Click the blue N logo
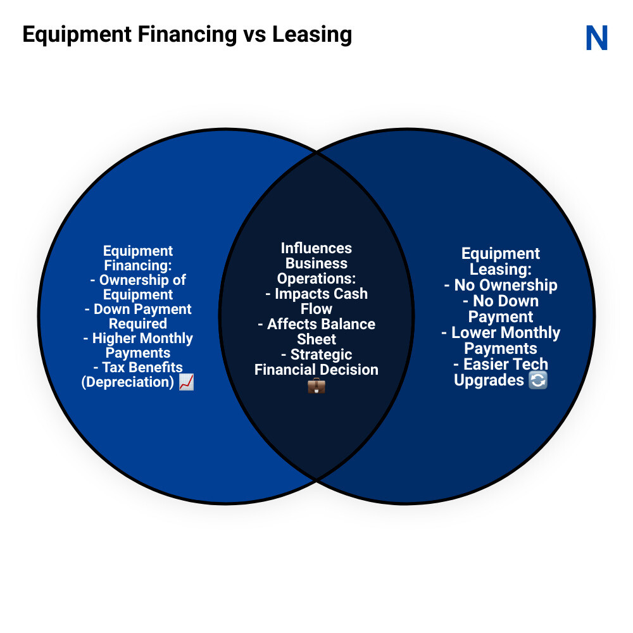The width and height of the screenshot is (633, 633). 596,38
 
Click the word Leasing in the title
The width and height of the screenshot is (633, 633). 312,34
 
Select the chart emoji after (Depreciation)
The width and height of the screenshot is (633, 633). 186,382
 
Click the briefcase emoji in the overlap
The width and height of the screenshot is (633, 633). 316,385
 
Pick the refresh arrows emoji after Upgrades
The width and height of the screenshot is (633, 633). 537,380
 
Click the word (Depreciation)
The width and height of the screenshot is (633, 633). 128,382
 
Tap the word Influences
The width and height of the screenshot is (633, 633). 316,248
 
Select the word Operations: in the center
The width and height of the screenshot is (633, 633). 316,279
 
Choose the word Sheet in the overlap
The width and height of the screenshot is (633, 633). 316,339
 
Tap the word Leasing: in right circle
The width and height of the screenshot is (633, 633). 500,269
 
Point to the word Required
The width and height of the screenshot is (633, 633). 138,324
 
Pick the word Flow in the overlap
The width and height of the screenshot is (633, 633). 316,309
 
